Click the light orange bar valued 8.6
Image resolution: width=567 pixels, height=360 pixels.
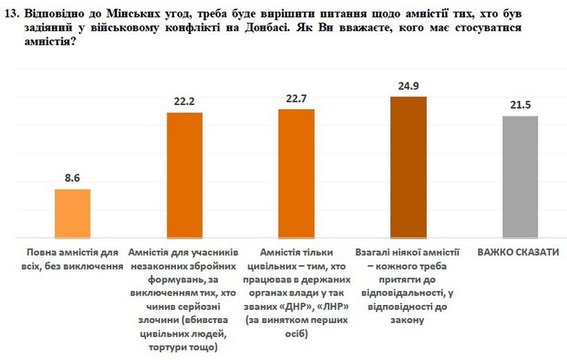coord(73,213)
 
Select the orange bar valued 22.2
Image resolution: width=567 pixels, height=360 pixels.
coord(185,175)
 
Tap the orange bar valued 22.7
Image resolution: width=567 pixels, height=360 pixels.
coord(297,173)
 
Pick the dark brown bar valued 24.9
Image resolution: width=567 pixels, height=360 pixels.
coord(408,167)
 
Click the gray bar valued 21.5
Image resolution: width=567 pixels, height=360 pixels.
coord(520,177)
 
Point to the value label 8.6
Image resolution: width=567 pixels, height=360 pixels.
coord(73,177)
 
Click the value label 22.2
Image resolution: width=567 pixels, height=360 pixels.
coord(185,101)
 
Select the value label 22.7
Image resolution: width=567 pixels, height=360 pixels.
coord(297,98)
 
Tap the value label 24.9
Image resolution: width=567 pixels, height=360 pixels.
coord(408,85)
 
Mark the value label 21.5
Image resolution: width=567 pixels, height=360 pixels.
coord(520,105)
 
